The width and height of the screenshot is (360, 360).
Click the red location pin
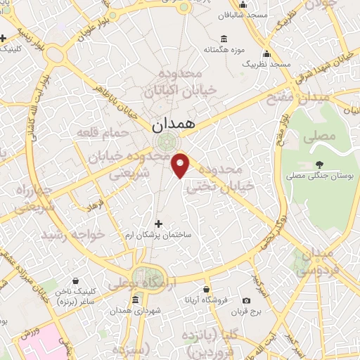[x=181, y=165]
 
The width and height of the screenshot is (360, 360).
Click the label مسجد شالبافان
[x=242, y=15]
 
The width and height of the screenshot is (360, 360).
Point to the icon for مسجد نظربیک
[x=266, y=53]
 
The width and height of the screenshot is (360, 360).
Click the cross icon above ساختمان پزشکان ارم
[x=158, y=224]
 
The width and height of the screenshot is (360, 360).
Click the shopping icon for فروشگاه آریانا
[x=206, y=289]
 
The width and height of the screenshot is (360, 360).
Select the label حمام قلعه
[x=110, y=133]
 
